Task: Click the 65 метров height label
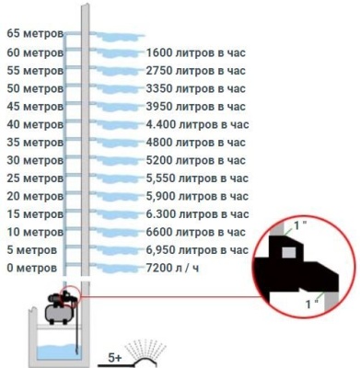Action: point(35,34)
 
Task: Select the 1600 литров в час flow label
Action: point(196,52)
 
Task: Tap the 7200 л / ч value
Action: point(172,269)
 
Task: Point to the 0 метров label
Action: point(32,269)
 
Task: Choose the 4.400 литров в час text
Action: point(197,124)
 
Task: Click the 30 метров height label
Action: point(35,160)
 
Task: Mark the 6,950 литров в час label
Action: point(197,250)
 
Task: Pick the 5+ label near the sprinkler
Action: point(115,358)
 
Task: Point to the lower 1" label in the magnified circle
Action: point(311,305)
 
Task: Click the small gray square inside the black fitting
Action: point(289,252)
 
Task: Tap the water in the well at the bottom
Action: point(57,351)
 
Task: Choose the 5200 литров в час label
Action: point(196,160)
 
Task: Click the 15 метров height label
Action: point(35,214)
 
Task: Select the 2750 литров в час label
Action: point(196,71)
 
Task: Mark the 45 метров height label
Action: point(35,107)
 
